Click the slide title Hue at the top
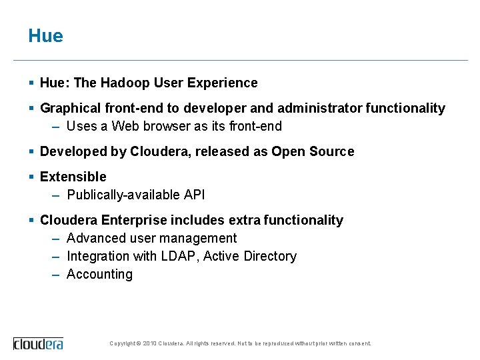[x=45, y=36]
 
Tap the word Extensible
[x=73, y=177]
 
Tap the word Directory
[x=270, y=257]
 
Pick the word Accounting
[x=99, y=275]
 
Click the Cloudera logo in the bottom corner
[x=38, y=343]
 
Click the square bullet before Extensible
[x=31, y=177]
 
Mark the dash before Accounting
[x=57, y=275]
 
